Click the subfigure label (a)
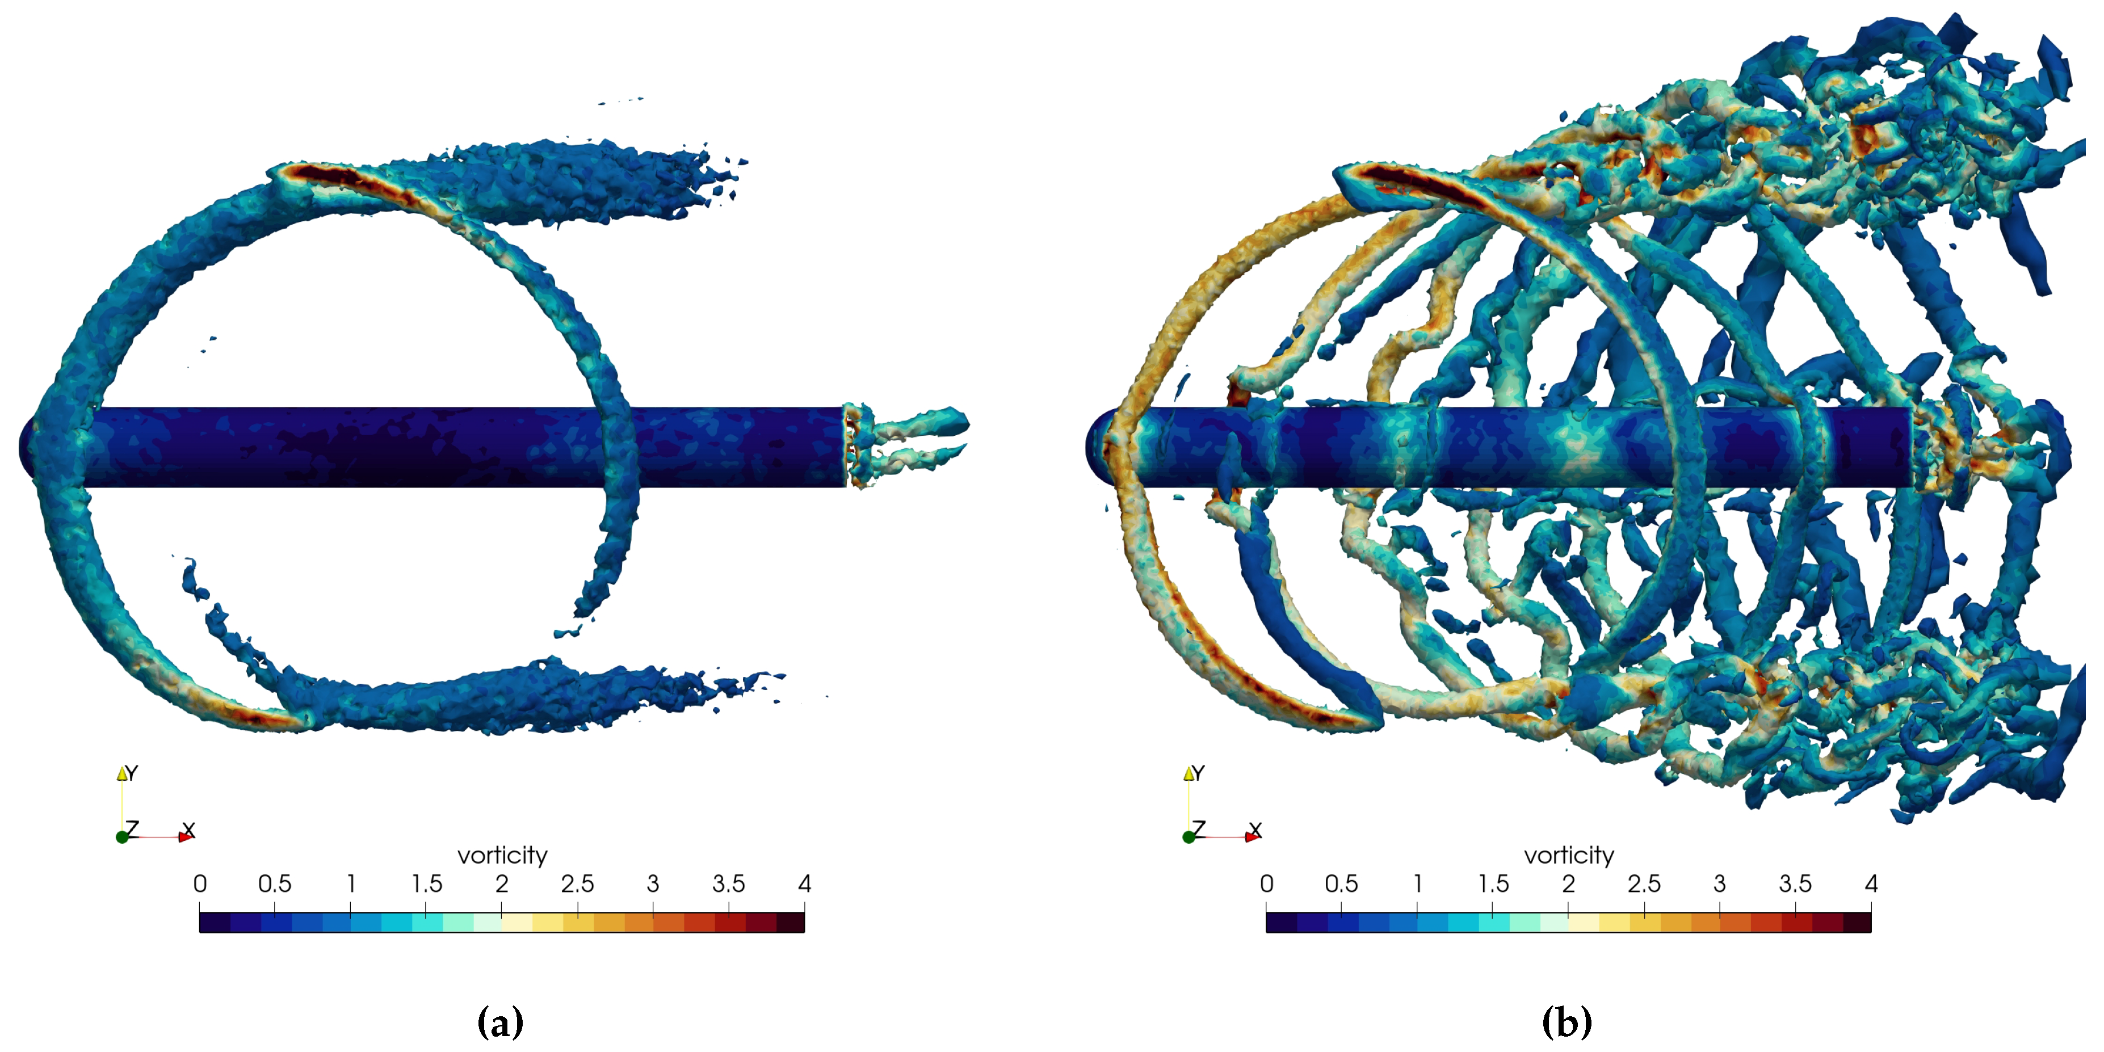click(500, 1022)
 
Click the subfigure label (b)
click(1567, 1022)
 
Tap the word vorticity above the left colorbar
click(502, 855)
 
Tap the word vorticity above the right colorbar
click(1569, 855)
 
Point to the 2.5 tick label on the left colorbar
click(577, 883)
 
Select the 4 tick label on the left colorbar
click(804, 883)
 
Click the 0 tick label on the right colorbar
click(1267, 883)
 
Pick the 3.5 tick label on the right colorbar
click(1795, 883)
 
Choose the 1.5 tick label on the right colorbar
click(1493, 883)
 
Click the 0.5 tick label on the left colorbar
click(275, 883)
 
